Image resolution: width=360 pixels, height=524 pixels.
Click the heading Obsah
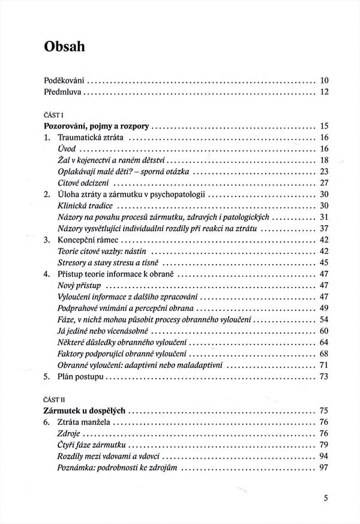pos(65,46)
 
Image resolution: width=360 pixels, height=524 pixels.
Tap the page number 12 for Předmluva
pos(325,92)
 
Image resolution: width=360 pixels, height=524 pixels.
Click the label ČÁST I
pos(55,114)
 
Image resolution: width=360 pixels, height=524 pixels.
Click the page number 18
pos(325,160)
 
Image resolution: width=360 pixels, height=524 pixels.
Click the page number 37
pos(325,228)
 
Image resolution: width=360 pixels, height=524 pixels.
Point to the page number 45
pos(325,262)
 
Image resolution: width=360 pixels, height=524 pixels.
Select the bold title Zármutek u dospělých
pos(85,411)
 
